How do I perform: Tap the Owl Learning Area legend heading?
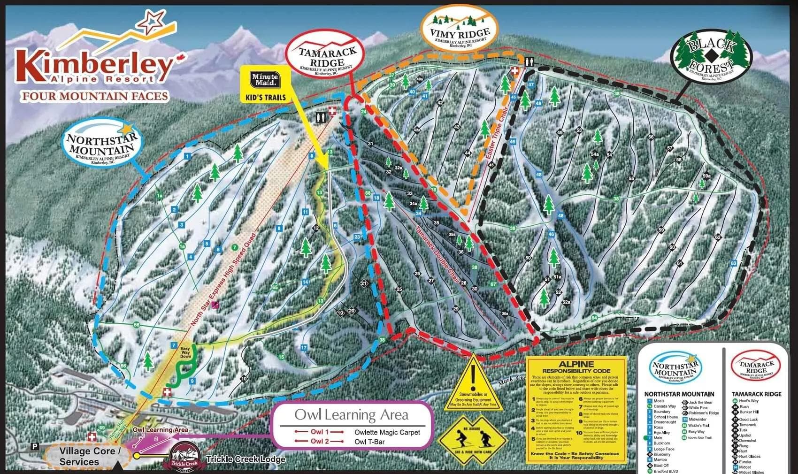(x=351, y=415)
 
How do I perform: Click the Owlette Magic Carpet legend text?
(x=387, y=432)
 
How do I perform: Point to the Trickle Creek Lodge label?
(x=246, y=459)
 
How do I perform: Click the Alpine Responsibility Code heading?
(x=576, y=367)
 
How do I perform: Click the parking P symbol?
(x=34, y=447)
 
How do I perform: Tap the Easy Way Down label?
(x=185, y=352)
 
